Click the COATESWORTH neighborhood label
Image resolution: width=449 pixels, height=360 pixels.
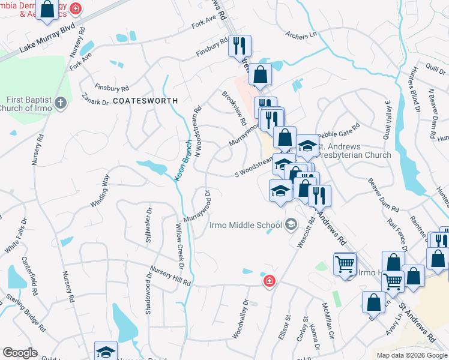(x=145, y=101)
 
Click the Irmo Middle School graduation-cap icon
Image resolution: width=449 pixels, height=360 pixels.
(x=291, y=225)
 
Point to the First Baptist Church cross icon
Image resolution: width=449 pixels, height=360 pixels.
(x=60, y=103)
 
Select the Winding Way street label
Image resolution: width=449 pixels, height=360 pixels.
(x=100, y=191)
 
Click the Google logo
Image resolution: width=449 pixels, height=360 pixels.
(x=20, y=353)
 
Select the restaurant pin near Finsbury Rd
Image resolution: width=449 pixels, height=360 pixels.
(x=240, y=46)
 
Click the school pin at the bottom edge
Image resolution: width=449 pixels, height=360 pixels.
(x=106, y=352)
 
